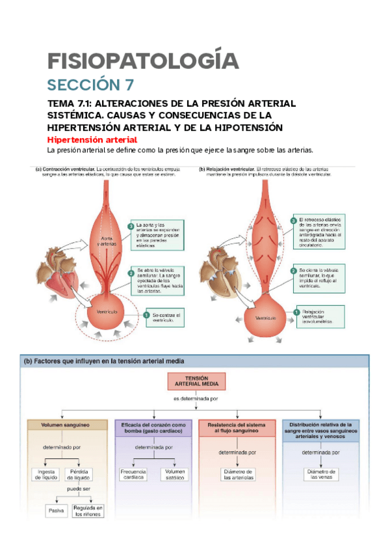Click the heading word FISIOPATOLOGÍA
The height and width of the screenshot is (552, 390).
[x=143, y=61]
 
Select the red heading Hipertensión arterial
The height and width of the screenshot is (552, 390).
[x=92, y=140]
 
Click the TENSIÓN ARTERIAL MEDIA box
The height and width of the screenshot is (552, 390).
[x=196, y=381]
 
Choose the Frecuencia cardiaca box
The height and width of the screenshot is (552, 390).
[x=133, y=474]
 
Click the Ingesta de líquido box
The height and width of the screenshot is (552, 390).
[x=46, y=474]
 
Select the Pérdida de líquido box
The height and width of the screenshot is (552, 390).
[x=83, y=474]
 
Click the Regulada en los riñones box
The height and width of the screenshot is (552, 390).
[x=88, y=511]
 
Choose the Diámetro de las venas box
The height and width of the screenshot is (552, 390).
[x=322, y=474]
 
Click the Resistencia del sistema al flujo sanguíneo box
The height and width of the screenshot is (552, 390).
[x=237, y=428]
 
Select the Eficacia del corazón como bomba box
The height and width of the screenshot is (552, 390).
[x=153, y=428]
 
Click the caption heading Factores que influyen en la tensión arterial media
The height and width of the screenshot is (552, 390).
[x=104, y=361]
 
